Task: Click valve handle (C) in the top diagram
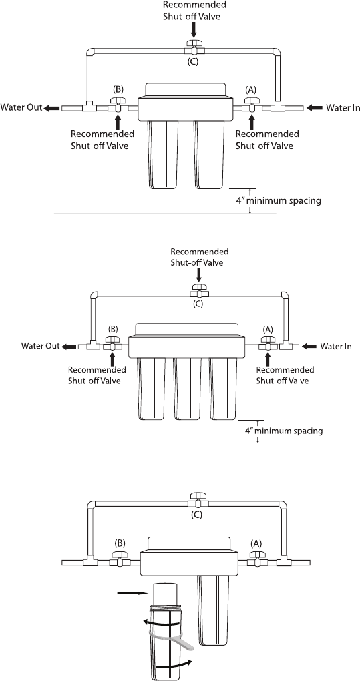[193, 43]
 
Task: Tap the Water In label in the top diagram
[343, 107]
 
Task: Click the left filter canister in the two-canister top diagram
[163, 154]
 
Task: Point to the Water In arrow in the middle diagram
[310, 346]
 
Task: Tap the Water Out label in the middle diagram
[40, 346]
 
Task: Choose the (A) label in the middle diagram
[268, 329]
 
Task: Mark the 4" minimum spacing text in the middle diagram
[284, 431]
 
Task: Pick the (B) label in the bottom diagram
[120, 542]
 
